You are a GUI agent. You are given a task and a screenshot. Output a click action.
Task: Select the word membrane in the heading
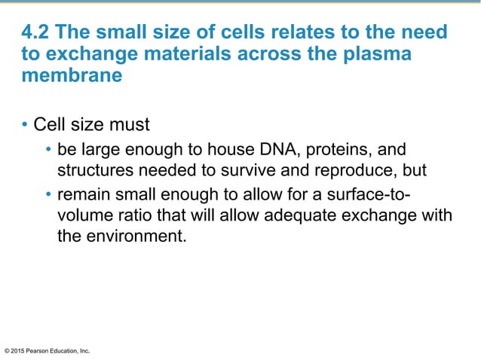(71, 76)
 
